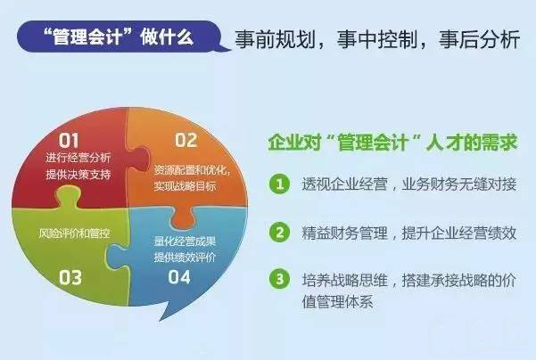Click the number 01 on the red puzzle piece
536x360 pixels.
pos(69,140)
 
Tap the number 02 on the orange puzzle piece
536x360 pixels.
pos(186,140)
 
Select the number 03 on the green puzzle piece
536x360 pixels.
pos(70,277)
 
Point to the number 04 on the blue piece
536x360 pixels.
pos(179,276)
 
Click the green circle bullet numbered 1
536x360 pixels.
pos(280,184)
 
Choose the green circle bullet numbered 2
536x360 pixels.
pos(280,233)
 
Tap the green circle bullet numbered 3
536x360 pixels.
pos(280,279)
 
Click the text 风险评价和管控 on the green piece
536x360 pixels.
pos(74,233)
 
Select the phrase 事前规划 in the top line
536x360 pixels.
pos(275,39)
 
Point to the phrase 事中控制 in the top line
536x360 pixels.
pos(376,39)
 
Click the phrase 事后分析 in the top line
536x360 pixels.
pos(479,39)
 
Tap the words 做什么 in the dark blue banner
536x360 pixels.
pos(167,37)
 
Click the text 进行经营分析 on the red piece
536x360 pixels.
pos(78,158)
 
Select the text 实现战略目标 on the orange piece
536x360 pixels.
pos(185,186)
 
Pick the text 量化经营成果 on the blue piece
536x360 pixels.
pos(185,241)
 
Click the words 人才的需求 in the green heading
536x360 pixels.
pos(472,142)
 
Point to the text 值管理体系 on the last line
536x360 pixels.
pos(337,301)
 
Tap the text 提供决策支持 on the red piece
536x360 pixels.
pos(78,175)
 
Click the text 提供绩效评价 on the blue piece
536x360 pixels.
pos(185,258)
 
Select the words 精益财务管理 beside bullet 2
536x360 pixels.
pos(344,233)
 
